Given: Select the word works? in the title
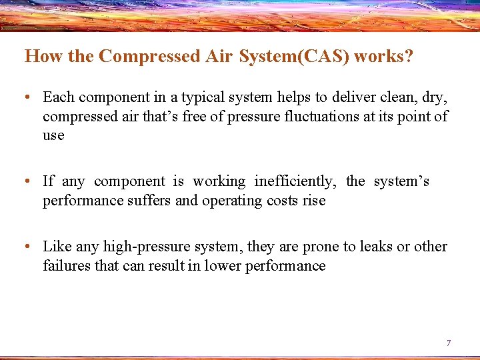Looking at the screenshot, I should (383, 56).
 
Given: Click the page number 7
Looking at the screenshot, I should (449, 343).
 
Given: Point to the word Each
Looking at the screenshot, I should (58, 97).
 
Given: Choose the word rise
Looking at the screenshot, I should (313, 201).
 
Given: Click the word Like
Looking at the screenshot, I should (57, 247).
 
